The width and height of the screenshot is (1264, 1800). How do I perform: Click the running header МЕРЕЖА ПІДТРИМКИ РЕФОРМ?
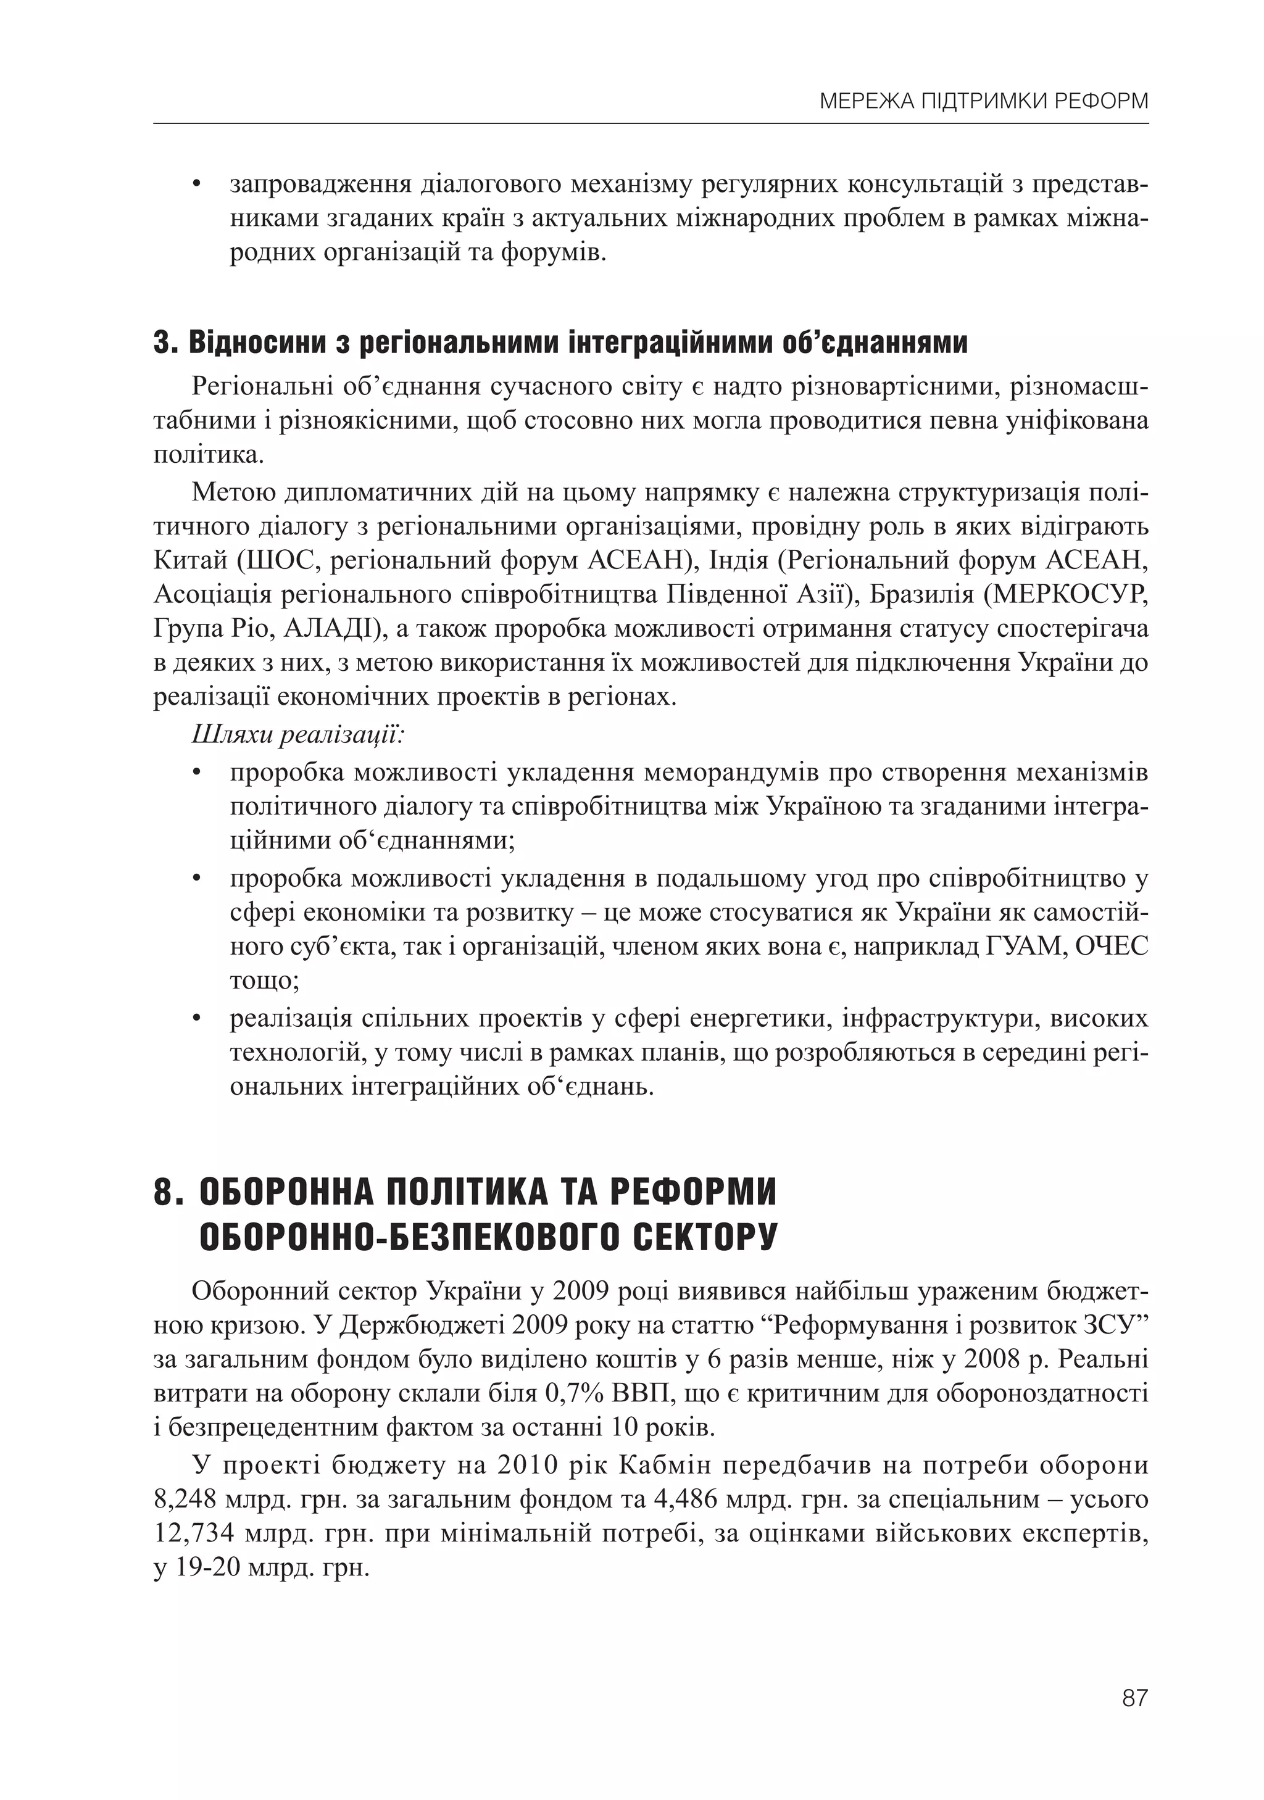[x=983, y=101]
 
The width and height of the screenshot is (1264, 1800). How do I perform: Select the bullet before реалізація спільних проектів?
[x=197, y=1020]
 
